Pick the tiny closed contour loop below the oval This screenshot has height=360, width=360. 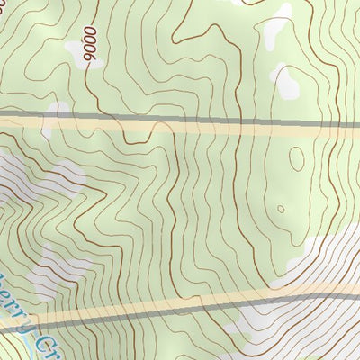tap(281, 208)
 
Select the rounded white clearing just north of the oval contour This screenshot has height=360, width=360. tap(287, 82)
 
